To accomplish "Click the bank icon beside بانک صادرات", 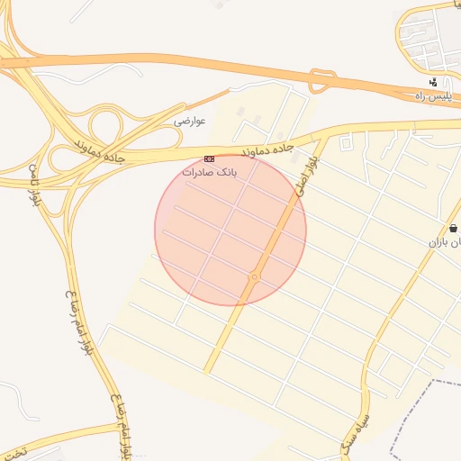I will pyautogui.click(x=210, y=159).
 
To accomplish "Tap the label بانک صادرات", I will pyautogui.click(x=209, y=171).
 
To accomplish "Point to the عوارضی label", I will pyautogui.click(x=190, y=120).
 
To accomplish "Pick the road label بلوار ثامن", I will pyautogui.click(x=33, y=185).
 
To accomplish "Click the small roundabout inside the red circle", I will pyautogui.click(x=255, y=277).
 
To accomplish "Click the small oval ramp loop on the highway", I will pyautogui.click(x=321, y=78).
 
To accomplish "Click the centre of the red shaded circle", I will pyautogui.click(x=230, y=230).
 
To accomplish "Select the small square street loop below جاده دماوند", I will pyautogui.click(x=347, y=142).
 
